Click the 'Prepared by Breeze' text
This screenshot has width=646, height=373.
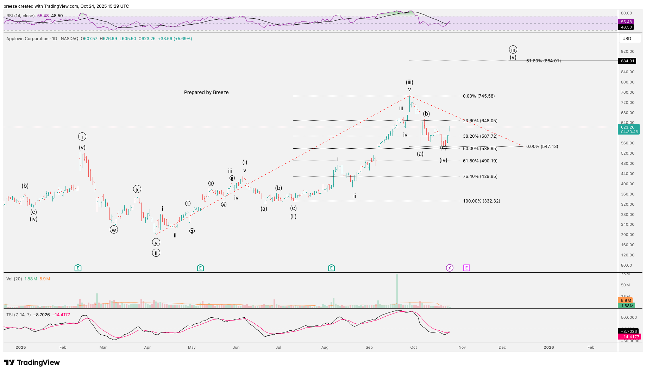point(206,92)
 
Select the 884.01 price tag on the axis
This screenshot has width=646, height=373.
point(627,61)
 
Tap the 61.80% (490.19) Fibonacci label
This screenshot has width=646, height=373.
point(480,161)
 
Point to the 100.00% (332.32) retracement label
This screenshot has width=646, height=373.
point(481,201)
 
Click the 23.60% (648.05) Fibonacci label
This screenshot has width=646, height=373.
point(480,121)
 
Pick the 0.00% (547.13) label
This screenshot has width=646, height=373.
point(542,147)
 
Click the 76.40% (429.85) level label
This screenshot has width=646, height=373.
point(480,176)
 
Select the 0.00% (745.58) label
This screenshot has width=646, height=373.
point(478,96)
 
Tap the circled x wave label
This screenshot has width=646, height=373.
point(137,189)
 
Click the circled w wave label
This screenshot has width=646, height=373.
point(114,230)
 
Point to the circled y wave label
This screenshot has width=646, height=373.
point(156,242)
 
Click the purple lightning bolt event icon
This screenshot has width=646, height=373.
point(450,268)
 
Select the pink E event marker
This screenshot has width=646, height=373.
point(466,268)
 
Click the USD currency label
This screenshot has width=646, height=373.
point(627,39)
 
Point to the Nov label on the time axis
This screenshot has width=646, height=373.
point(462,347)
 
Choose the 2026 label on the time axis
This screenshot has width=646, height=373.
point(548,347)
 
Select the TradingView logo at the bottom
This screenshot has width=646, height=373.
point(32,362)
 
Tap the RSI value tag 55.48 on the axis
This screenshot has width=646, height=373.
point(626,22)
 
